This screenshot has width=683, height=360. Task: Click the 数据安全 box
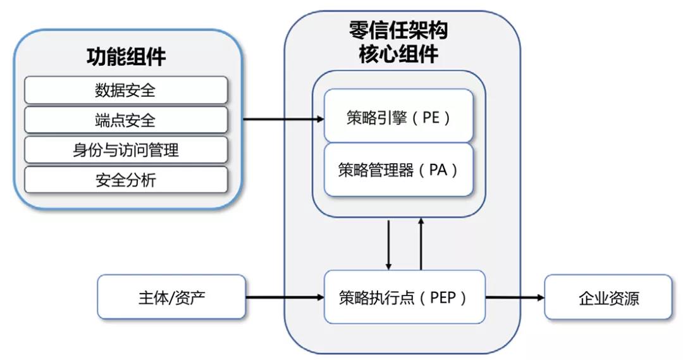(125, 90)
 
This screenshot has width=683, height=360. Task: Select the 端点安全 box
(125, 120)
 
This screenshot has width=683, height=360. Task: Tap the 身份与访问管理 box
(125, 150)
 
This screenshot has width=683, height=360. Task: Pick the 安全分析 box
(125, 180)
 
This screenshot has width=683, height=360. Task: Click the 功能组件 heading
(126, 57)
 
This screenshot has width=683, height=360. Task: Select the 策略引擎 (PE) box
(398, 116)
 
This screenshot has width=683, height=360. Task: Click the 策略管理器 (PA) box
(398, 170)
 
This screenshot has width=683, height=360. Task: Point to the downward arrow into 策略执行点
(389, 244)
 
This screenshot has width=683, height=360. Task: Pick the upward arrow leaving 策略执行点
(421, 244)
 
